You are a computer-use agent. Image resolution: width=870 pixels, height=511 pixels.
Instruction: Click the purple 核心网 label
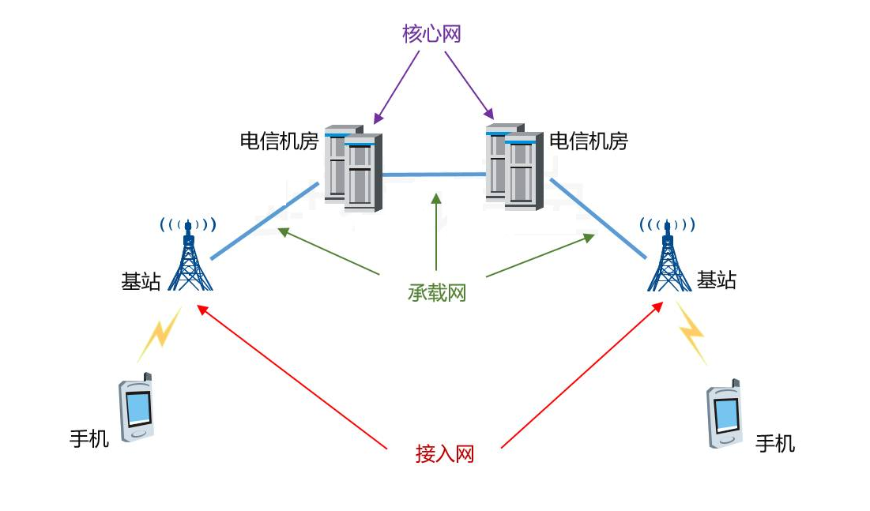point(431,34)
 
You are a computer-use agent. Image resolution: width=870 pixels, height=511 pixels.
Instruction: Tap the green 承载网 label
point(437,293)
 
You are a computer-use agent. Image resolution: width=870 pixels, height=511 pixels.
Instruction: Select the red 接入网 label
point(445,454)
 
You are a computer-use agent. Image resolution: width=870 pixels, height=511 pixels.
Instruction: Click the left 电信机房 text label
point(279,141)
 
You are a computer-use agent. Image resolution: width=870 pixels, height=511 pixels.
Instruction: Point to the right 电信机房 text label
point(588,141)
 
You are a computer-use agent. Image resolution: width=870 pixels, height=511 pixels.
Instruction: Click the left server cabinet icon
point(353,167)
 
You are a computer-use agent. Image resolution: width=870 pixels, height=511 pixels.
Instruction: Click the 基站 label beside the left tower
point(141,282)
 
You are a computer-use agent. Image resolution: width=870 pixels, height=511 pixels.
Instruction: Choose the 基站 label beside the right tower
point(716,280)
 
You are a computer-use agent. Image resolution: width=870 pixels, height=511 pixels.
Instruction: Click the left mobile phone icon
point(136,408)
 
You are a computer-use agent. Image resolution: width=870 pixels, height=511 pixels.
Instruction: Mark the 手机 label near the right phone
point(775,444)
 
